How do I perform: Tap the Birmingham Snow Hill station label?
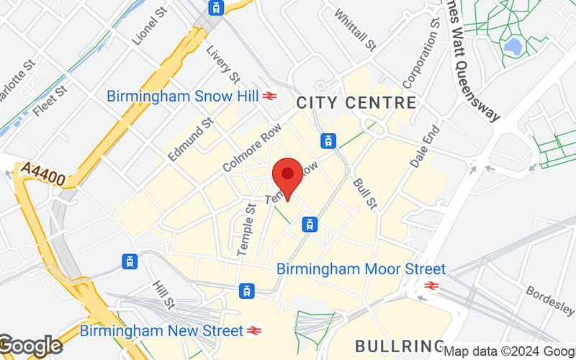coord(182,96)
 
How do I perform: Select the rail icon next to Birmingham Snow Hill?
coord(270,96)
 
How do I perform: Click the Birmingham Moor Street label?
coord(361,269)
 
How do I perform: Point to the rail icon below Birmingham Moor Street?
coord(432,286)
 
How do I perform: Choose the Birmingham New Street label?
coord(161,331)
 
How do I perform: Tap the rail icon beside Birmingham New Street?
coord(253,331)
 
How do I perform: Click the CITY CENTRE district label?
coord(356,102)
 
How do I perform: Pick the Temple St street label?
coord(246,230)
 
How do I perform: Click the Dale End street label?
coord(424,147)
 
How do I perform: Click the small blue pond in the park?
coord(513,48)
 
